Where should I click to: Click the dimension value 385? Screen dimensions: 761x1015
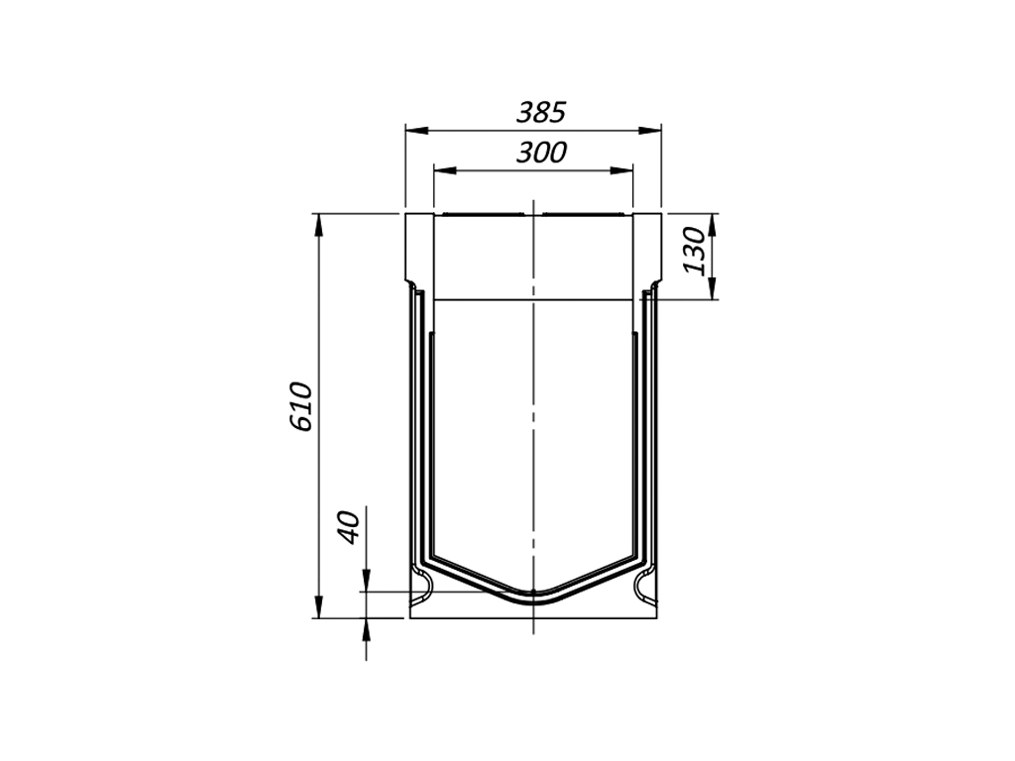coord(540,112)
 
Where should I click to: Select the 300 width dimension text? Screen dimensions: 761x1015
coord(541,152)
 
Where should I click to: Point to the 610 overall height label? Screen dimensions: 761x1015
coord(302,405)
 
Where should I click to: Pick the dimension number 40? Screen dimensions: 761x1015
coord(348,527)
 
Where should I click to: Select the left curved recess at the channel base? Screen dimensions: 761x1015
coord(423,588)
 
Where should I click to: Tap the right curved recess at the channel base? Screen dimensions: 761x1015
coord(644,588)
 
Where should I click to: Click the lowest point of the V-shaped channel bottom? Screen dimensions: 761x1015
coord(533,596)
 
